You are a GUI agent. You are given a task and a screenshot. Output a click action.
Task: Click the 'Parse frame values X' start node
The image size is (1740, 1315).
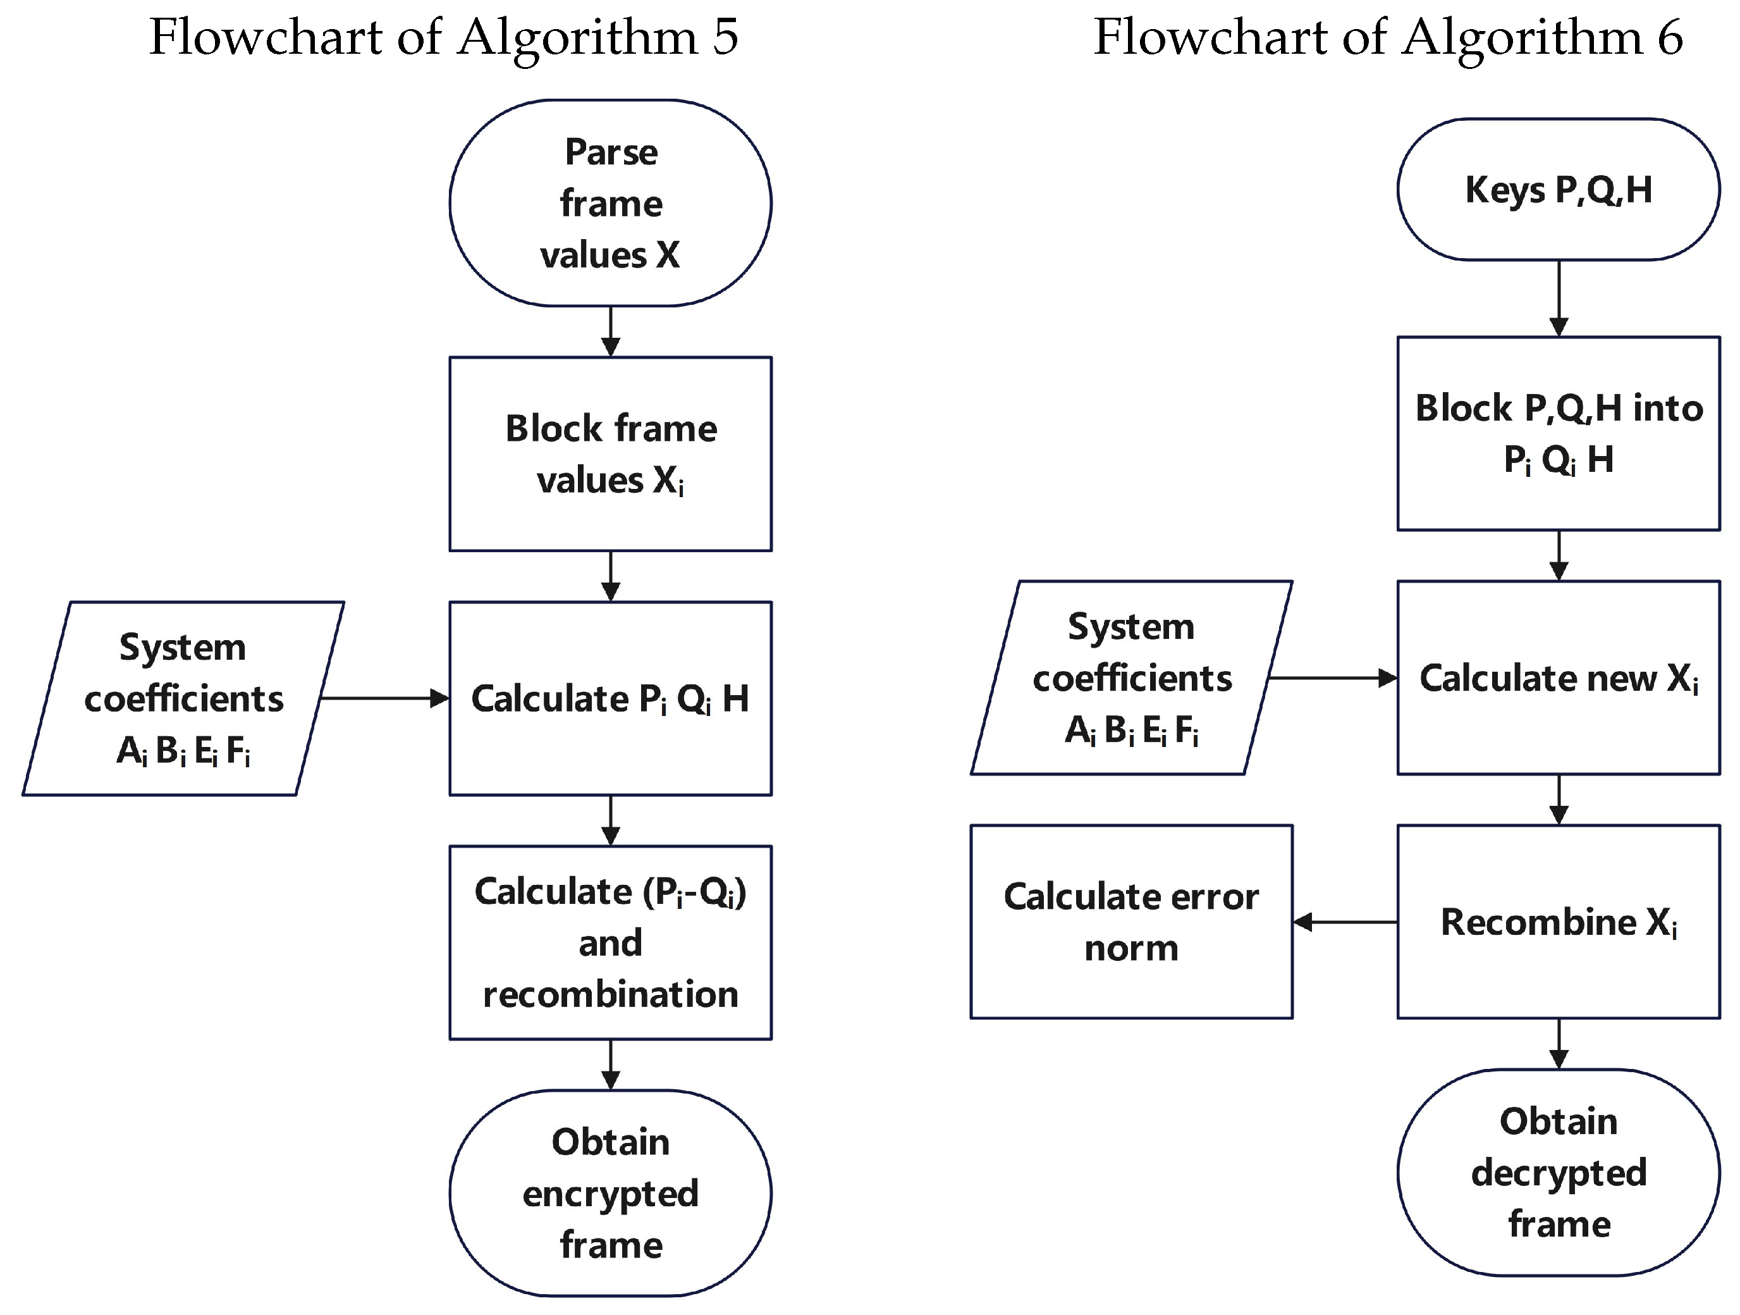click(x=610, y=203)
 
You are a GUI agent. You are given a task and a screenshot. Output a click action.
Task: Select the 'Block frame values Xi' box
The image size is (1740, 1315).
click(x=610, y=454)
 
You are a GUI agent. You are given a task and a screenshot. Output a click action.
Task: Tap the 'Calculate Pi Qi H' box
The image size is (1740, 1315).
click(x=610, y=698)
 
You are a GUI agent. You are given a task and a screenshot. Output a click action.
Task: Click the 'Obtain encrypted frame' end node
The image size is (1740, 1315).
click(x=610, y=1193)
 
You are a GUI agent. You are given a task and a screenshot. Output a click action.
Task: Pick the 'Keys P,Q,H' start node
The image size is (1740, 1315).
click(x=1559, y=190)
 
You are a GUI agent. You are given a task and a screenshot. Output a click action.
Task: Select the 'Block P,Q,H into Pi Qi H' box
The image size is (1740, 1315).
click(x=1559, y=434)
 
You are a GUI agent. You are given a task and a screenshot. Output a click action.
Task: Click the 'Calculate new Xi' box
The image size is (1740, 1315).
click(x=1559, y=677)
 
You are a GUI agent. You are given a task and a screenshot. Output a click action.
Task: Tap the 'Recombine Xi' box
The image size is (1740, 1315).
click(x=1559, y=922)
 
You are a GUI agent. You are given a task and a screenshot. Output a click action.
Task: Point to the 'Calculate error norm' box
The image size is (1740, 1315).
click(x=1131, y=922)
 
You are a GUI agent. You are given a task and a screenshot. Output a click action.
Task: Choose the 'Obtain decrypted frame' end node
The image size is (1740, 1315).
click(x=1559, y=1173)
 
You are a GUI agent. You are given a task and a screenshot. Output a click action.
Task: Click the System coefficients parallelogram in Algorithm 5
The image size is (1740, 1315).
click(x=183, y=698)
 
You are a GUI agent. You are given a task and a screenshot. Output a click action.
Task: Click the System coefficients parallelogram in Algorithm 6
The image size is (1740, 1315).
click(x=1131, y=677)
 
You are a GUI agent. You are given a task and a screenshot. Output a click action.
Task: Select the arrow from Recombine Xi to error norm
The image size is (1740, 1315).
click(x=1345, y=922)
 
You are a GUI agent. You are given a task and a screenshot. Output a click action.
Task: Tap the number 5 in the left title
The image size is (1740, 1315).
click(x=725, y=38)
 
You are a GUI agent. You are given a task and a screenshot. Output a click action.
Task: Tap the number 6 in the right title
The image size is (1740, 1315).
click(x=1669, y=38)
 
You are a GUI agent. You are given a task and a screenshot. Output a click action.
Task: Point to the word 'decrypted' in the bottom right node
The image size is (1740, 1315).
click(x=1559, y=1173)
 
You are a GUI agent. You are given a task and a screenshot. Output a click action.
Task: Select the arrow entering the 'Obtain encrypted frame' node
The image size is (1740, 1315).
click(x=610, y=1064)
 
